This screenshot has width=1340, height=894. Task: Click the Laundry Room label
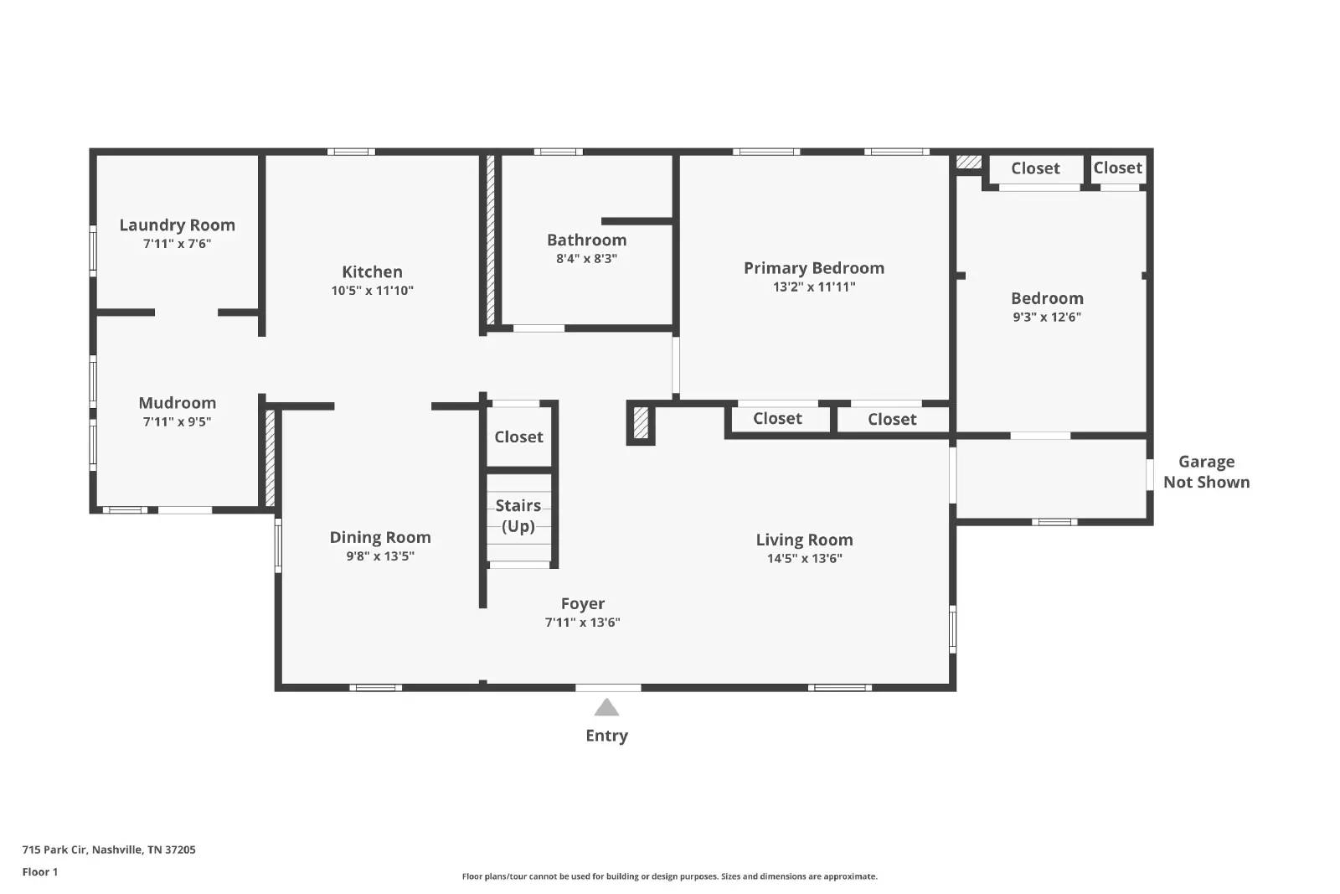point(177,225)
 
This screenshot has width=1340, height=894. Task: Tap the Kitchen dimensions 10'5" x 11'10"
point(372,291)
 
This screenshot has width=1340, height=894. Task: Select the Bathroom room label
point(587,240)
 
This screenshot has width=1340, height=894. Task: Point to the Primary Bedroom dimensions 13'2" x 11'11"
point(814,287)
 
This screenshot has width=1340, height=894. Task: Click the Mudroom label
point(177,403)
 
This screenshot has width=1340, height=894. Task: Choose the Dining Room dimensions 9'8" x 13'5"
point(380,556)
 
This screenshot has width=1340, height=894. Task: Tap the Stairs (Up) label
point(518,516)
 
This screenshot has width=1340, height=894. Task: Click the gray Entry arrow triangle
point(606,706)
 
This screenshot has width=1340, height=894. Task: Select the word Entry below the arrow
point(606,736)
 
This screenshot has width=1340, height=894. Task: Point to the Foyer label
point(583,603)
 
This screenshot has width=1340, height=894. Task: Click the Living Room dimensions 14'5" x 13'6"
point(805,558)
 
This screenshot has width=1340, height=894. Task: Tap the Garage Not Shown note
point(1207,472)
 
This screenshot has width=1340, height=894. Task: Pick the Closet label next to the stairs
point(518,437)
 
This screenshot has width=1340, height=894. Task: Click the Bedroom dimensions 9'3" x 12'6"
point(1047,318)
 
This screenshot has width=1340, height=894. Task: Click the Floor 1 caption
point(40,872)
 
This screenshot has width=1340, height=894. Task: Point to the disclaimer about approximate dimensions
point(669,876)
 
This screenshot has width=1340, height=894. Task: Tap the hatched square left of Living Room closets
point(641,423)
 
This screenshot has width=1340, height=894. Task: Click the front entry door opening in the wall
point(608,688)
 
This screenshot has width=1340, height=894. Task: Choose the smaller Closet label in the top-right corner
point(1117,168)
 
